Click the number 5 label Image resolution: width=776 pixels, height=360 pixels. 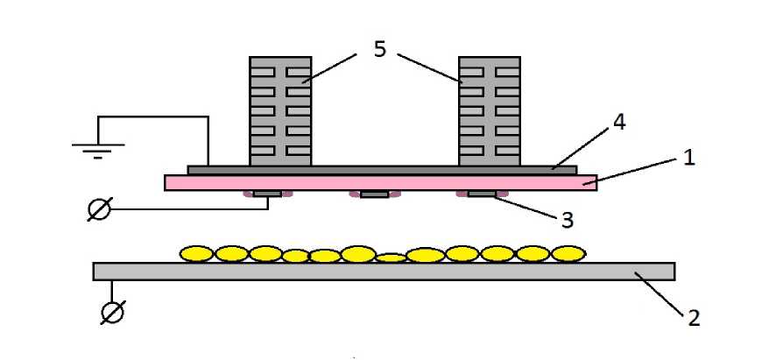[379, 49]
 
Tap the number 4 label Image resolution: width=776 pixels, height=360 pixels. [618, 122]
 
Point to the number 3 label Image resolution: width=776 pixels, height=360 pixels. [567, 220]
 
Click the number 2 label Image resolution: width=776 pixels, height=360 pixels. [694, 317]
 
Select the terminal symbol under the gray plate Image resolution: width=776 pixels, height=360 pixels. [111, 312]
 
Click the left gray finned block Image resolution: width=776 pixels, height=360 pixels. [280, 110]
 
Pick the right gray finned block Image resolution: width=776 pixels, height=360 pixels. [490, 110]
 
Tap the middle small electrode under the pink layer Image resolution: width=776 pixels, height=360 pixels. [375, 194]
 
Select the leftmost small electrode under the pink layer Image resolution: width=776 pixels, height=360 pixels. [267, 193]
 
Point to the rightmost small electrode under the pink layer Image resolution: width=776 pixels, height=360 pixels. [481, 193]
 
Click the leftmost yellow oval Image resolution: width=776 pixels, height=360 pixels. [197, 254]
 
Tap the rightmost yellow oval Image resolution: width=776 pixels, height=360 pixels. [568, 254]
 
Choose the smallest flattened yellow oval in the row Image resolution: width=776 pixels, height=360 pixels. [391, 258]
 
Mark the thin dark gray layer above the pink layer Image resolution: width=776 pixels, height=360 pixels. [382, 169]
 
